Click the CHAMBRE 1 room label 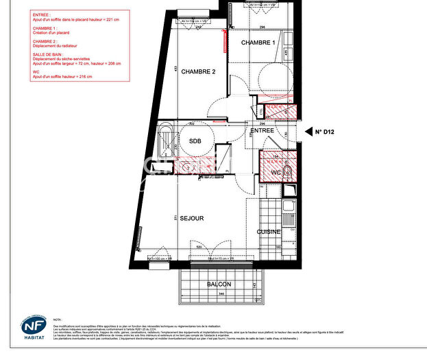tap(258, 43)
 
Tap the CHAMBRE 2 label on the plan tap(198, 71)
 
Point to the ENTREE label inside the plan tap(262, 130)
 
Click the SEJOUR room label tap(192, 218)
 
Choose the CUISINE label tap(269, 232)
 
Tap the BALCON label tap(219, 284)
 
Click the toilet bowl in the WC tap(290, 169)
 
